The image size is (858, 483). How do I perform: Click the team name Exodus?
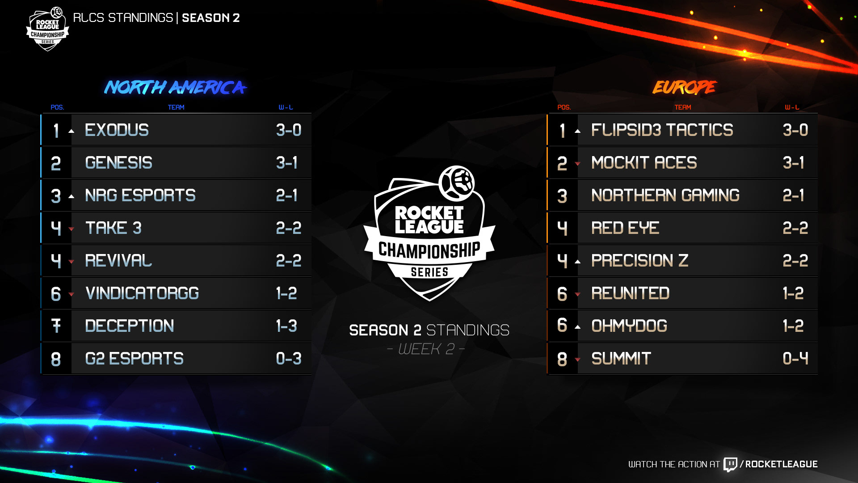[x=117, y=130]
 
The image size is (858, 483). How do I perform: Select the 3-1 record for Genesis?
[x=286, y=163]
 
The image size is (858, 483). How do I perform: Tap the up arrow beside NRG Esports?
[x=71, y=196]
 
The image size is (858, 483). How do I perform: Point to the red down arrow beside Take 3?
[x=71, y=229]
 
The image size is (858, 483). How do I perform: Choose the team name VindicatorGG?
[x=142, y=293]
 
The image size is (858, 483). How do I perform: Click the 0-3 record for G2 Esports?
[x=289, y=359]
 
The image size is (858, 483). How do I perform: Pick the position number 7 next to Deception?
[x=56, y=326]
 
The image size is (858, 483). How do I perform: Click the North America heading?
[x=175, y=87]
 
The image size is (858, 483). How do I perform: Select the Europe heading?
[x=684, y=87]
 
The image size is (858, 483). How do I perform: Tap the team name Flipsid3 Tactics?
[x=662, y=130]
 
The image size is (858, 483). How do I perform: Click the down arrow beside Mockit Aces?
[x=578, y=164]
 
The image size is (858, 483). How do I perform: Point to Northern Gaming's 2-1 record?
[x=793, y=195]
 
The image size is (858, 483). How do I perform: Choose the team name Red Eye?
[x=625, y=228]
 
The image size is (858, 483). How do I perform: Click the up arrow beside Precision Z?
[x=578, y=262]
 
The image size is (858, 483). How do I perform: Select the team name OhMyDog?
[x=629, y=326]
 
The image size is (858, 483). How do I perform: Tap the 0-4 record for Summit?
[x=795, y=359]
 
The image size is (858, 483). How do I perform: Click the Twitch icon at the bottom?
[x=730, y=464]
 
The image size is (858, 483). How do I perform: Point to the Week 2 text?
[x=426, y=349]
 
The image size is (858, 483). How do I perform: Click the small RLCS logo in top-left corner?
[x=48, y=29]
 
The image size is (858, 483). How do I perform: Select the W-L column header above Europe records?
[x=792, y=107]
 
